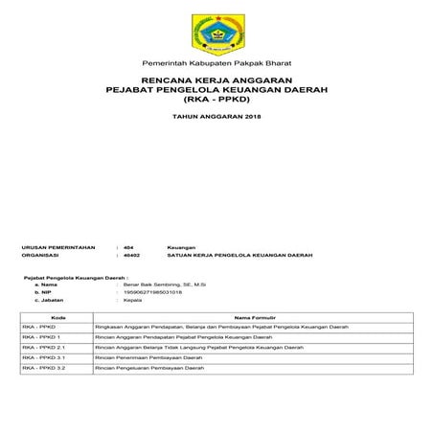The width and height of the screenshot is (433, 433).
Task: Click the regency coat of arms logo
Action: click(216, 33)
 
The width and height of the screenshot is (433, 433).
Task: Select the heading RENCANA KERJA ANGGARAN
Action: click(216, 80)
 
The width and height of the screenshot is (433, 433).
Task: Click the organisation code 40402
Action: click(132, 257)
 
